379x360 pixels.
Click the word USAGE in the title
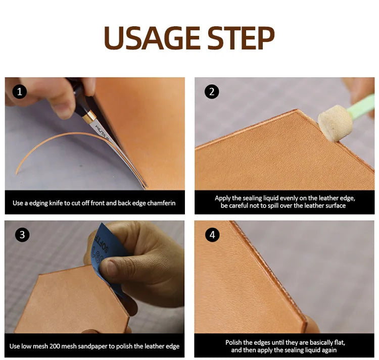pos(152,38)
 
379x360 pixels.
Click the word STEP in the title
pos(241,38)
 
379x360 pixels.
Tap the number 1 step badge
pos(19,91)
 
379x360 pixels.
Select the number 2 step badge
pos(212,91)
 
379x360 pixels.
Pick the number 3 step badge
pos(22,235)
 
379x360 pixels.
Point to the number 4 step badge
pos(212,235)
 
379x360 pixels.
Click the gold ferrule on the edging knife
pos(89,116)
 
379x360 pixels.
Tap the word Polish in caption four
pos(234,343)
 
